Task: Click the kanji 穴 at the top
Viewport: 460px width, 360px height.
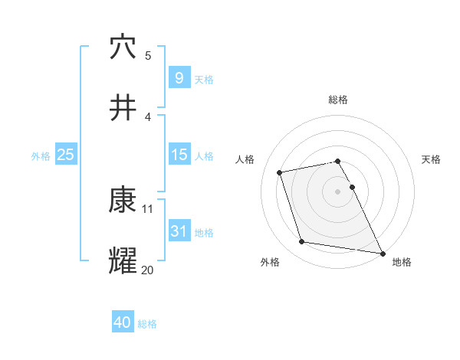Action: [x=123, y=47]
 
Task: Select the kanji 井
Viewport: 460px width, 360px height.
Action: [x=123, y=107]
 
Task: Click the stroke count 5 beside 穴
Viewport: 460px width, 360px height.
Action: [x=148, y=55]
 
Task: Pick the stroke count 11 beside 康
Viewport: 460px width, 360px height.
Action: [x=148, y=208]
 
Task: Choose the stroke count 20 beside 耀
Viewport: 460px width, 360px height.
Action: [x=148, y=269]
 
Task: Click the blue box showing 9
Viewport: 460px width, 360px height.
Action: [x=179, y=77]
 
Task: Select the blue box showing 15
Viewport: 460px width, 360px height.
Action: [x=179, y=155]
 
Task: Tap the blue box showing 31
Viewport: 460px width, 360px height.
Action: [x=179, y=231]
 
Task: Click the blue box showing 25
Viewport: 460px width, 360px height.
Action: [x=65, y=155]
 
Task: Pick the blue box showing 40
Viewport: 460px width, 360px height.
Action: [x=123, y=322]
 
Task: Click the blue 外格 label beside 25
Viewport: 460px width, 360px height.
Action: [x=41, y=155]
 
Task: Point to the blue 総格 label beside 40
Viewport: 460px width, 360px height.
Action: [x=147, y=324]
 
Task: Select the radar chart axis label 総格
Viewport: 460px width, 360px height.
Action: [x=338, y=100]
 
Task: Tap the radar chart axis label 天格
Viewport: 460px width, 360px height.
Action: [x=432, y=159]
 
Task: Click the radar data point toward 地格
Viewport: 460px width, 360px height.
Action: [x=382, y=252]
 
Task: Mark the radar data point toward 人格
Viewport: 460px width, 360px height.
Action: [x=280, y=172]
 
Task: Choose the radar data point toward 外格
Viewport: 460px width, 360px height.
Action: [x=302, y=242]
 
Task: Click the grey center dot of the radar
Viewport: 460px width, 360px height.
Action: [x=338, y=191]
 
